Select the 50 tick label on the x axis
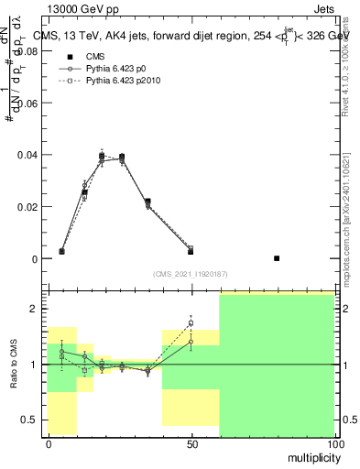(x=191, y=443)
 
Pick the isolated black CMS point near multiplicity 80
(x=277, y=258)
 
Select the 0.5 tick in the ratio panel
(x=31, y=420)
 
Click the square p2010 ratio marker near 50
(x=191, y=322)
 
